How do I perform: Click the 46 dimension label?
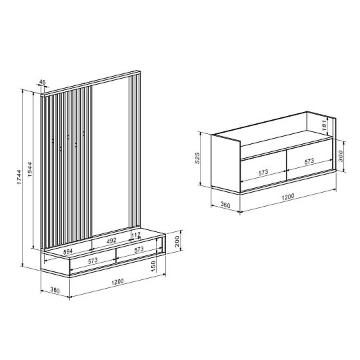pos(43,82)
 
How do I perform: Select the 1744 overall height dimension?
pos(19,177)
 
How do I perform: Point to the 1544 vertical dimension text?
pos(30,169)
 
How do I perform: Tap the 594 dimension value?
pos(68,251)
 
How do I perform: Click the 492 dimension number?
pos(111,241)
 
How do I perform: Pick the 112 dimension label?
pos(136,235)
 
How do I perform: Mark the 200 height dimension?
pos(177,241)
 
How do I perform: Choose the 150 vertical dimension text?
pos(153,266)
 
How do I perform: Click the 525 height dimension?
pos(197,158)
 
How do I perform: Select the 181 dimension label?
pos(324,126)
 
